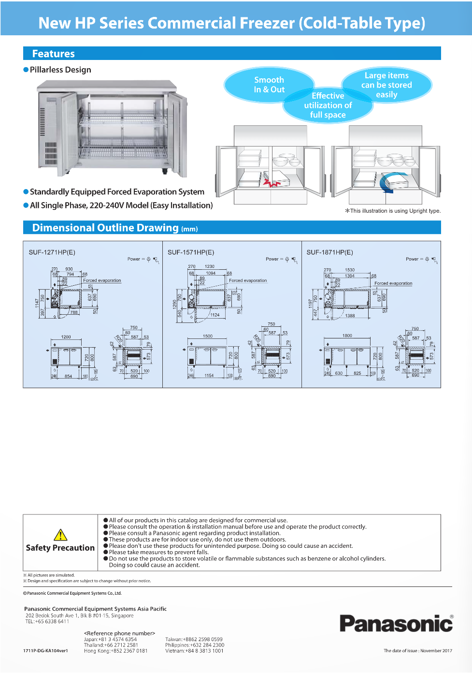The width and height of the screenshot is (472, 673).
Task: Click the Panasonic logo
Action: tap(396, 624)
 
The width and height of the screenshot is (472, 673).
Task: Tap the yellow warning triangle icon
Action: tap(60, 535)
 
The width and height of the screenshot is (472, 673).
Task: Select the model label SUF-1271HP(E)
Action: tap(52, 252)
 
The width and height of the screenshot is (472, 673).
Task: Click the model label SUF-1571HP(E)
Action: tap(191, 252)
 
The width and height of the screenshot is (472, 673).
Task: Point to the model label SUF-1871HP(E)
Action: tap(330, 252)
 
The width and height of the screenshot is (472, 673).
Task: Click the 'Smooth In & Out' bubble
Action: tap(269, 85)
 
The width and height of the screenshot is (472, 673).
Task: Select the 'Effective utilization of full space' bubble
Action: tap(328, 105)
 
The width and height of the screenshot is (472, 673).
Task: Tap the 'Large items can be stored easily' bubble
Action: tap(386, 85)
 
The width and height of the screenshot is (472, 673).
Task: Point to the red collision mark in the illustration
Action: tap(272, 183)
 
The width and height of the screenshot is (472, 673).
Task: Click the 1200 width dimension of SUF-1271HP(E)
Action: tap(66, 337)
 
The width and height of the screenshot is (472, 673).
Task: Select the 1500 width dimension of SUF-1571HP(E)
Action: tap(208, 336)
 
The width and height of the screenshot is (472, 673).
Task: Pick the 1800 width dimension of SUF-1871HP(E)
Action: tap(347, 336)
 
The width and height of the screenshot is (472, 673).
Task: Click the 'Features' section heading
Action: tap(54, 54)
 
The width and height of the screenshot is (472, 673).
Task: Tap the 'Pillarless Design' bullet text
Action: tap(60, 70)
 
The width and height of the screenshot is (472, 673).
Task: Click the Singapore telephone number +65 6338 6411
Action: tap(47, 622)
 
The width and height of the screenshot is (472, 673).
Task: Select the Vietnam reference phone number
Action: tap(194, 651)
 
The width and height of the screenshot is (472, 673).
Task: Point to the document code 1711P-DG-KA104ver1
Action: tap(45, 651)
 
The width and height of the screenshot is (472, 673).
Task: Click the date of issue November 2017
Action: tap(418, 651)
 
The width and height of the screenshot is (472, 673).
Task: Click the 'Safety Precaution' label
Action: tap(60, 548)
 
